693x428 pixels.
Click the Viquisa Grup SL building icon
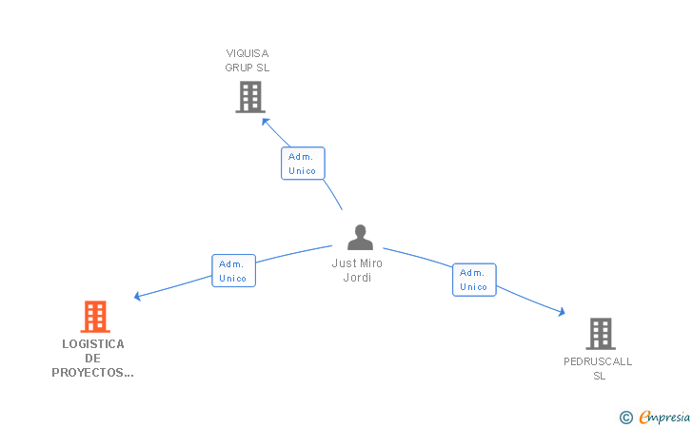249,97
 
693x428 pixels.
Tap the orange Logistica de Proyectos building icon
94,317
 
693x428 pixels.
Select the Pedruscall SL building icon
600,334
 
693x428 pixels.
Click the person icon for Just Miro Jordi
360,237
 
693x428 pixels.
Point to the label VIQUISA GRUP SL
247,60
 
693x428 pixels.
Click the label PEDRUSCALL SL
598,368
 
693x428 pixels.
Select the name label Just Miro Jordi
357,270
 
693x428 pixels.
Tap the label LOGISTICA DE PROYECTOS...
92,359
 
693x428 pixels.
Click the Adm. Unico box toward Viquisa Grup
303,164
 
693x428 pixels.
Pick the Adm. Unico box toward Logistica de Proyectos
233,271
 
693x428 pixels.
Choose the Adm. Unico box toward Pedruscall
474,280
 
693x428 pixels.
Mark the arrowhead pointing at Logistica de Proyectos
137,297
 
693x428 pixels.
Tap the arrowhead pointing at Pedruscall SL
562,312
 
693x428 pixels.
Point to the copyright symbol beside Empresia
625,417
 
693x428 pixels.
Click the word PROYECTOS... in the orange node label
92,373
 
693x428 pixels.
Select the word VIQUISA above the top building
247,53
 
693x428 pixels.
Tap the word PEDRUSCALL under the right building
598,361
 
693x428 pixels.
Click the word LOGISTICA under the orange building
92,344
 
